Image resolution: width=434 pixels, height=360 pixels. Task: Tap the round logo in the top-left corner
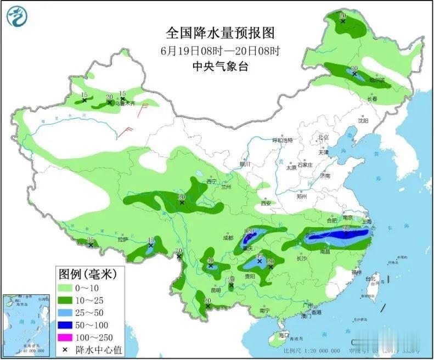coord(17,16)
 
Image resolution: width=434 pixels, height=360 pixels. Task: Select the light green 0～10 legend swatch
coord(71,287)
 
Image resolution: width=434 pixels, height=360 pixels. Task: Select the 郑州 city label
coord(302,196)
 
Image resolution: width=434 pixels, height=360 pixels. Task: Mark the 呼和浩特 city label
coord(283,141)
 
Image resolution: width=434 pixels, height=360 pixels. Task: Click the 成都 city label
coord(228,238)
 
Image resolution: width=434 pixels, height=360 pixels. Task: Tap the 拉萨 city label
coord(122,239)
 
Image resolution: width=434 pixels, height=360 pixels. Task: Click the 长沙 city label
coord(302,258)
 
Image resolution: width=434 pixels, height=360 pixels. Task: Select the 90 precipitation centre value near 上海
coord(346,228)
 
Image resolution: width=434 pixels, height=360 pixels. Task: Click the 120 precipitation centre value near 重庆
coord(248,230)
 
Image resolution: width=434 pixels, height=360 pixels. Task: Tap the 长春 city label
coord(373,99)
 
